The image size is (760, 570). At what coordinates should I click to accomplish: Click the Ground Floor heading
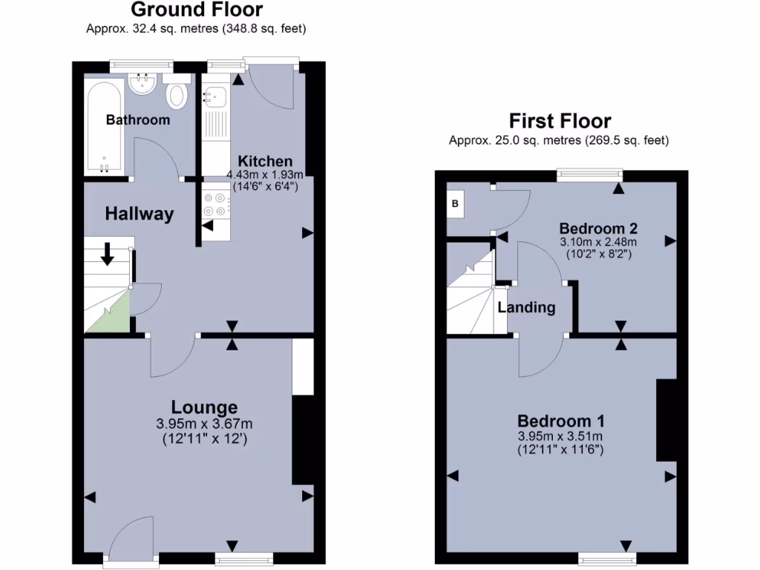197,10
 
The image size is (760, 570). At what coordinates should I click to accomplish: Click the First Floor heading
560,121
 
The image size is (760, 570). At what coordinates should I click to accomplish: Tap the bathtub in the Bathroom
103,126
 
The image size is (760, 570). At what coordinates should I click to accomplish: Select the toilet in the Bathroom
177,95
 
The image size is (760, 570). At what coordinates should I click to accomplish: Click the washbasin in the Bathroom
141,84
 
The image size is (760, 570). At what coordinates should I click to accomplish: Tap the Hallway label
139,214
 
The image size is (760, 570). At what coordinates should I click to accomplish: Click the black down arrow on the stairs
107,254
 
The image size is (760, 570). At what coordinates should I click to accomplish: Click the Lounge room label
204,407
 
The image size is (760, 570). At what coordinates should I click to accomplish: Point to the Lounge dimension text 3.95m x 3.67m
204,424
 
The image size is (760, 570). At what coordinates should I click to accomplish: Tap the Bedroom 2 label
598,227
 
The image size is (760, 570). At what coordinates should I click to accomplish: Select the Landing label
526,307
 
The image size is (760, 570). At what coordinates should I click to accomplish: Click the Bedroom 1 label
560,419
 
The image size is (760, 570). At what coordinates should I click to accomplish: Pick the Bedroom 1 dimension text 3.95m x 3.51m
560,436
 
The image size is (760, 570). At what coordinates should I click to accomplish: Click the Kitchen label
264,161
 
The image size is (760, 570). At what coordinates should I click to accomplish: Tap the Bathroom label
137,119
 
